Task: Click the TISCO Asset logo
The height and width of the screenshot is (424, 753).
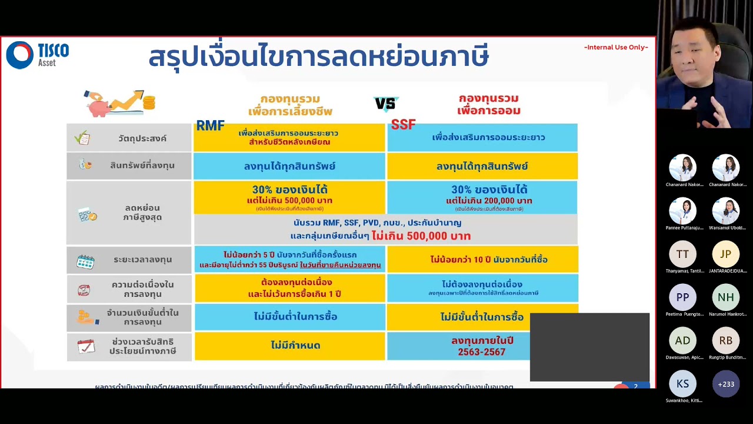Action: tap(37, 55)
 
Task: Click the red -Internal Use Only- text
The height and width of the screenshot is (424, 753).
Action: tap(616, 47)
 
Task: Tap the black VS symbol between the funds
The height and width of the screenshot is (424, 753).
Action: tap(386, 104)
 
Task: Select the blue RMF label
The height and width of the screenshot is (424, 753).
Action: tap(210, 125)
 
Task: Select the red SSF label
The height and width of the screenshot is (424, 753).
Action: tap(403, 125)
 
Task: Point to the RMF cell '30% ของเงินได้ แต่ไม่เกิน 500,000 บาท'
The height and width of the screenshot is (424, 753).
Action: tap(289, 197)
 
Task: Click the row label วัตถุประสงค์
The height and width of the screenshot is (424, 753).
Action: tap(142, 138)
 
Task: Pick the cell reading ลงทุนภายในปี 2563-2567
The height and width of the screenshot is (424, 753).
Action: tap(482, 346)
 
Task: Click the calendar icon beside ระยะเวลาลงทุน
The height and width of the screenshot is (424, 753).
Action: tap(85, 261)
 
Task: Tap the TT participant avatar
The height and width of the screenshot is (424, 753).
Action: tap(682, 254)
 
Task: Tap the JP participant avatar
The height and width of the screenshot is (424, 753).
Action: tap(725, 254)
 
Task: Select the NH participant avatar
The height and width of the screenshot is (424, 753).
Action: tap(725, 297)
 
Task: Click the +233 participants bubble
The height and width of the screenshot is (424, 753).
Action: tap(725, 384)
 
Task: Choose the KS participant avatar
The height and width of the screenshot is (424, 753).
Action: tap(682, 384)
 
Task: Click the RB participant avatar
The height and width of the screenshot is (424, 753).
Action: tap(725, 340)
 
